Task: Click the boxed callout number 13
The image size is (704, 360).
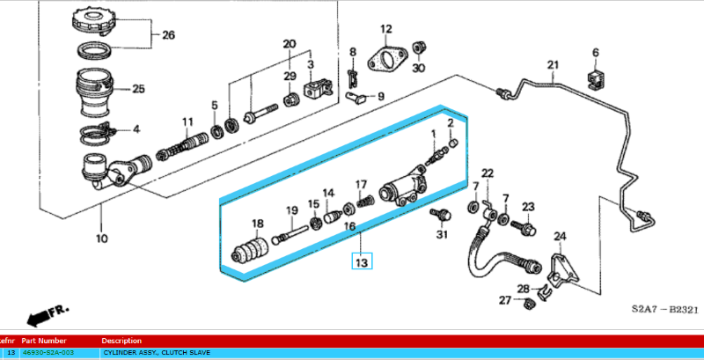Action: [362, 261]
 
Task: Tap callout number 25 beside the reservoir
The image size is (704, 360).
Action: [137, 89]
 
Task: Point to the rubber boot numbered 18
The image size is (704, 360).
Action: [251, 249]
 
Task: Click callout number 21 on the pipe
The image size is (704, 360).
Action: [553, 64]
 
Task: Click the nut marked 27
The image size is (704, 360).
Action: [530, 304]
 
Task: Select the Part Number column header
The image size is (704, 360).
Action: [44, 340]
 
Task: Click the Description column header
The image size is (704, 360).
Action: [121, 340]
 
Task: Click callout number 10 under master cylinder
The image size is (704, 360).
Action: [101, 238]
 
